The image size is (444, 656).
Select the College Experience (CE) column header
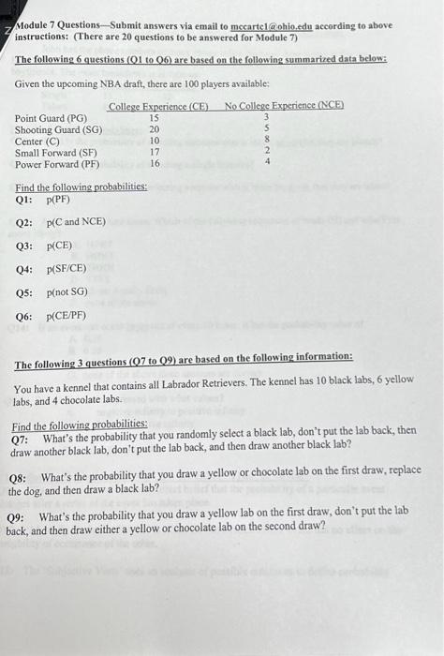pyautogui.click(x=158, y=106)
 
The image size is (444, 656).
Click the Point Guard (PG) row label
pyautogui.click(x=52, y=118)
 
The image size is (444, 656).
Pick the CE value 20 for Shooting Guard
pyautogui.click(x=155, y=129)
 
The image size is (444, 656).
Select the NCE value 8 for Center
pyautogui.click(x=267, y=141)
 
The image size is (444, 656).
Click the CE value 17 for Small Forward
pyautogui.click(x=155, y=152)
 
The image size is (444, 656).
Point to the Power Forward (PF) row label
pyautogui.click(x=57, y=163)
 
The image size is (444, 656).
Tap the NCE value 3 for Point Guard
pyautogui.click(x=267, y=118)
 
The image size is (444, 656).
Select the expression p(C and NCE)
pyautogui.click(x=76, y=223)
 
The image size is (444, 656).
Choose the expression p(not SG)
pyautogui.click(x=67, y=292)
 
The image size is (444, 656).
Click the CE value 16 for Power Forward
pyautogui.click(x=155, y=163)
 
